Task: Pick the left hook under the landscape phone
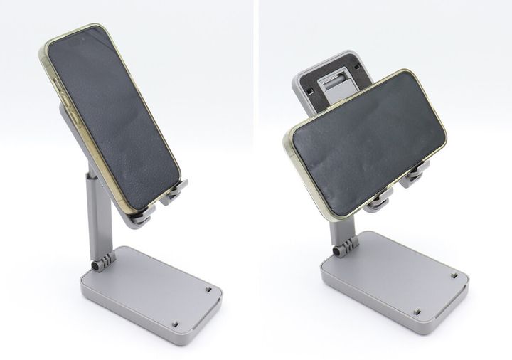[378, 202]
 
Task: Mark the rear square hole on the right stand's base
[453, 273]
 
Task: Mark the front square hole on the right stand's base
[417, 312]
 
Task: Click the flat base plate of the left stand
[149, 285]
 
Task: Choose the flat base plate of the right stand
[391, 274]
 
